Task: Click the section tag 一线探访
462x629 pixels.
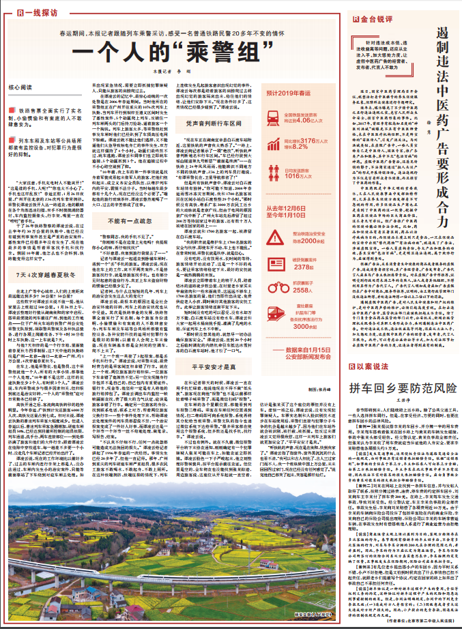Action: click(x=33, y=12)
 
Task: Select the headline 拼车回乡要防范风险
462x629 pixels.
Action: click(x=392, y=407)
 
